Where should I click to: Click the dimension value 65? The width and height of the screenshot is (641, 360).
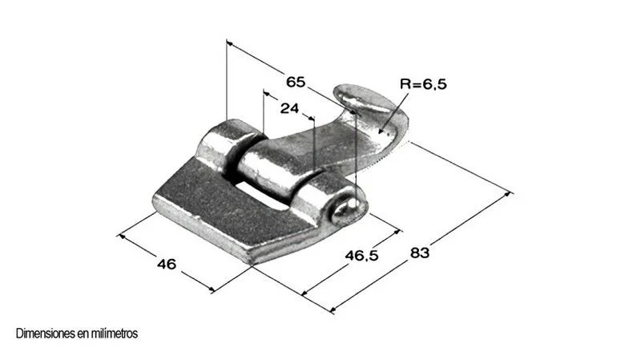296,82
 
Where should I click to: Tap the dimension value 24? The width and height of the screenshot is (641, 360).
289,108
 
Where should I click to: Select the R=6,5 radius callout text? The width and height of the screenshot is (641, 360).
423,84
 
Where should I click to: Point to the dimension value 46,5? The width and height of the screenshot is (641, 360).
362,256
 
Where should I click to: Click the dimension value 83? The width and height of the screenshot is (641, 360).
420,253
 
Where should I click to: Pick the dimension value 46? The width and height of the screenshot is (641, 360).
167,264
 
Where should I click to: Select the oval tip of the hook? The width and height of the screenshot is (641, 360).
362,97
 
